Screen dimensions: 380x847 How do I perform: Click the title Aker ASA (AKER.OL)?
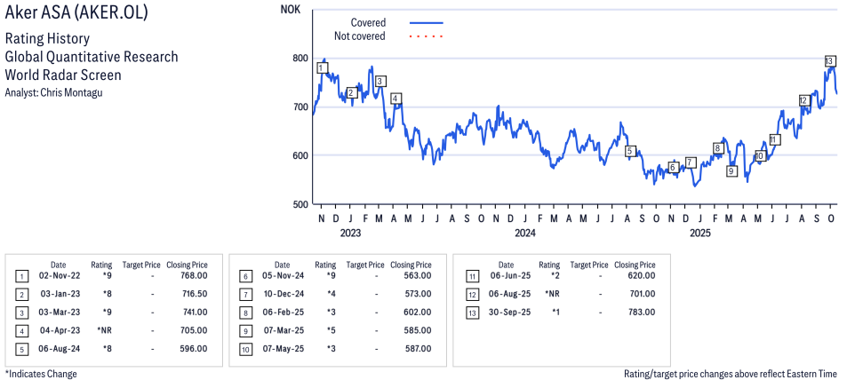click(x=76, y=13)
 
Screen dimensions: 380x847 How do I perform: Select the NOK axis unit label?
click(x=290, y=10)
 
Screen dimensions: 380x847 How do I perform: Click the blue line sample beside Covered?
click(x=426, y=22)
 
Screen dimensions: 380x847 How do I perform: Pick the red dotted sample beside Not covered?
click(x=426, y=36)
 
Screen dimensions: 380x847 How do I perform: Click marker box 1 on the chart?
click(x=321, y=67)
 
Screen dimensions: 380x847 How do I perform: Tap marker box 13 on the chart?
click(x=829, y=60)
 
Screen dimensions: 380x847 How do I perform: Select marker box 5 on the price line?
click(x=629, y=151)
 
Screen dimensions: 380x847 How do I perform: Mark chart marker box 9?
click(x=731, y=171)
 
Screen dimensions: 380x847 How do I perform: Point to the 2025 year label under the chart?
click(x=700, y=234)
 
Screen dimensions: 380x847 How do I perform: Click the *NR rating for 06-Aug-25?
click(x=551, y=294)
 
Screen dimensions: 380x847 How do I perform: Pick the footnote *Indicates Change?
click(x=41, y=374)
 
